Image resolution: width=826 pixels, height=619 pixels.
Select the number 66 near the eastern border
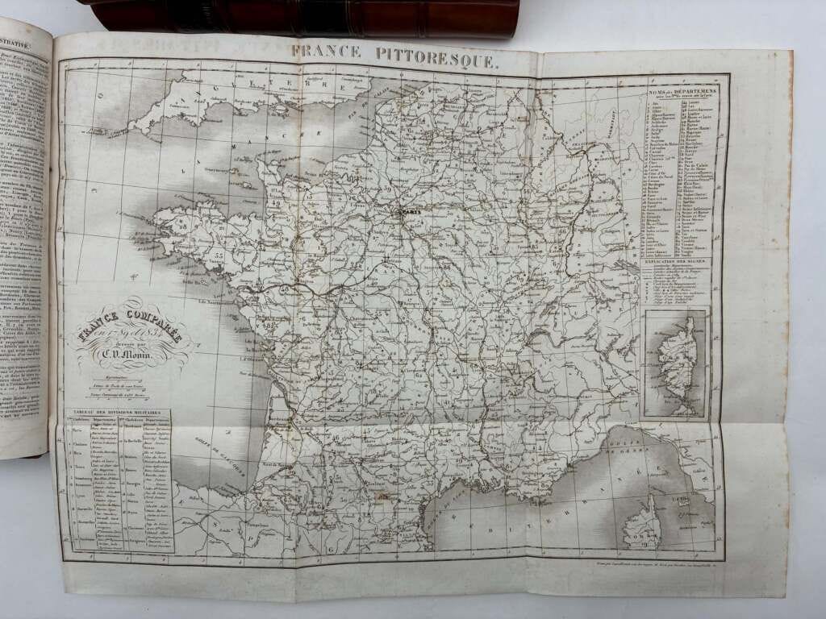click(561, 232)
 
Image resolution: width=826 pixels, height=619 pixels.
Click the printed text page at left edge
click(24, 242)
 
